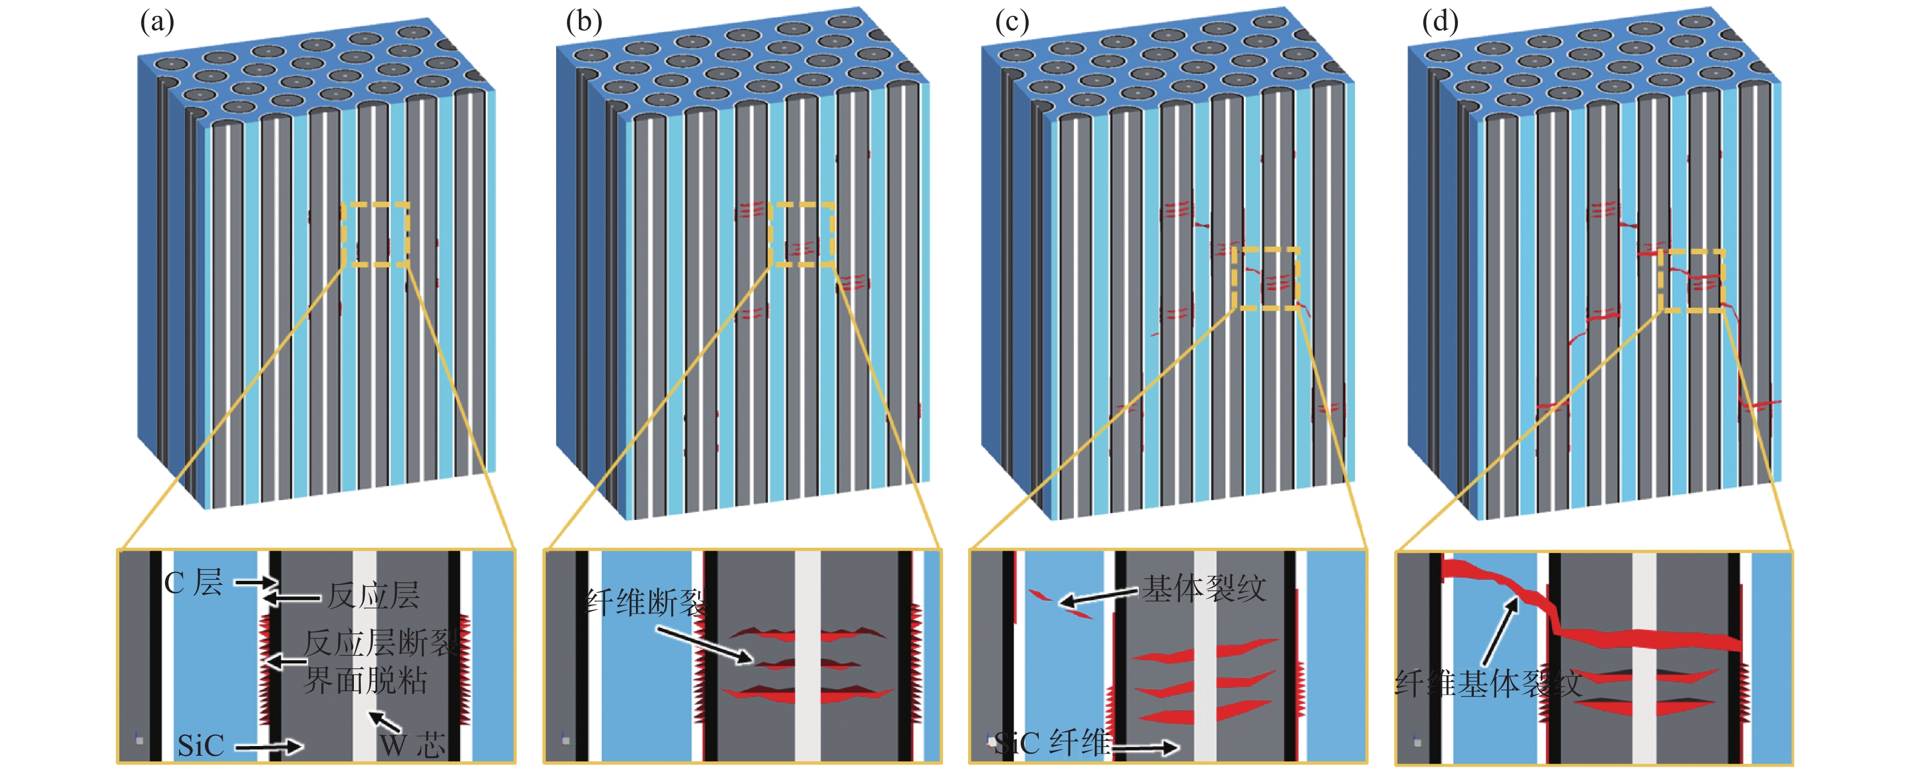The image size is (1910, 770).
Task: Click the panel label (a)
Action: click(x=157, y=22)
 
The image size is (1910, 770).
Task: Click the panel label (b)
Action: click(x=583, y=22)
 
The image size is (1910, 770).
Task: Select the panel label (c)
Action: click(x=1012, y=22)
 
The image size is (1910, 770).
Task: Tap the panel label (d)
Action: click(x=1440, y=22)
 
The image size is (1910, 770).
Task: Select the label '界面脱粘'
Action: click(x=365, y=680)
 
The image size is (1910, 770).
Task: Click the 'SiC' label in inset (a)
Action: click(x=200, y=745)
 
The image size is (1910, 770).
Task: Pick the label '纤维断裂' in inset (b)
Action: click(x=645, y=603)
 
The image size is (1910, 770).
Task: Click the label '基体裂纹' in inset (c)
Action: click(x=1203, y=589)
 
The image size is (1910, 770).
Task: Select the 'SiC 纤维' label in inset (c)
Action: click(x=1051, y=743)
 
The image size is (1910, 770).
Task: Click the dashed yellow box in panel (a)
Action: click(x=375, y=234)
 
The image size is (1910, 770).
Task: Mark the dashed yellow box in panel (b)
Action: click(x=801, y=234)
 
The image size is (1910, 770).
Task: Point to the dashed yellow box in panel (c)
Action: click(x=1266, y=278)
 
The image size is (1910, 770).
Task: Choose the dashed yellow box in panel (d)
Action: click(x=1691, y=280)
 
